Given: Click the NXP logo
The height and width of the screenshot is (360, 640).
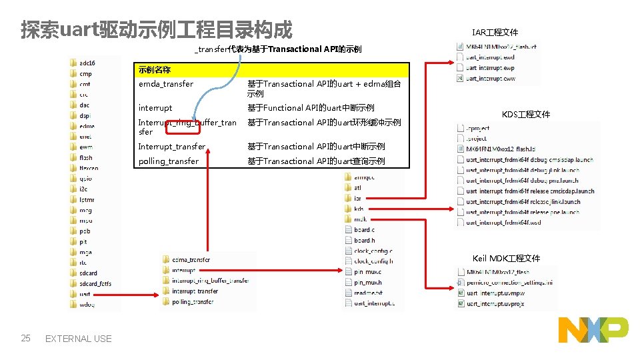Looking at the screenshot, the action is pos(593,329).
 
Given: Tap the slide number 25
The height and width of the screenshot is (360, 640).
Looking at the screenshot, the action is pos(26,338).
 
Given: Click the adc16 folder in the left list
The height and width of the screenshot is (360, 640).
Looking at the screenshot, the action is pos(87,63).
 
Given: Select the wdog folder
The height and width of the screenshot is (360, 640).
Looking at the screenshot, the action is pos(87,305).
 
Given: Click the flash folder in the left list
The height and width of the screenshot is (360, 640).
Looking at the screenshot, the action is pos(85,158).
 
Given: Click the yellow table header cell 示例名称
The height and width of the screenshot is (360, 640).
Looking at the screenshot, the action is pos(155,70).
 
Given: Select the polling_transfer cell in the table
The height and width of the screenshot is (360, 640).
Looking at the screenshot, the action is pos(168,161).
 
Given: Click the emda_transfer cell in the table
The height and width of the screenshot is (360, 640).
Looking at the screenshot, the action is pos(166,84).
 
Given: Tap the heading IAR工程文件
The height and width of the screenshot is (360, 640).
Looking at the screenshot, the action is pos(495,33).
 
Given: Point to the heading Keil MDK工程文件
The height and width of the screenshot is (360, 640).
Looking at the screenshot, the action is pos(506,258).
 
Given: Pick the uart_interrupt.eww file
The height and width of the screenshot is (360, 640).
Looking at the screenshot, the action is pos(490,79).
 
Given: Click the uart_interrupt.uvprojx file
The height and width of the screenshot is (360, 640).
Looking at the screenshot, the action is pos(495,303).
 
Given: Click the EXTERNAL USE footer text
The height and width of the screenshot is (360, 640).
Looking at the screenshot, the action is pos(78,339).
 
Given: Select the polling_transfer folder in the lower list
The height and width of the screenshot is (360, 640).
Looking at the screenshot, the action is pos(193,302).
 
